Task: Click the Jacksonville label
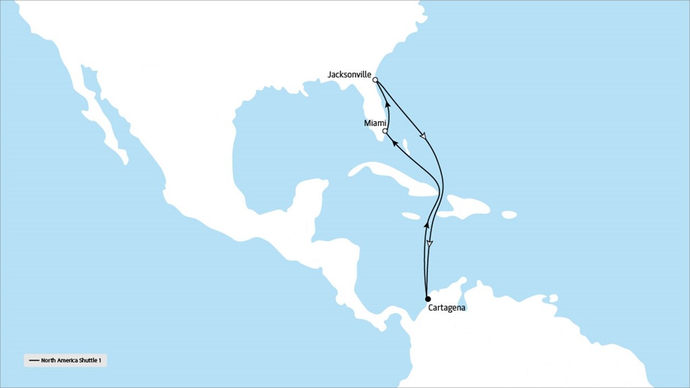pyautogui.click(x=349, y=75)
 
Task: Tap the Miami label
pyautogui.click(x=375, y=123)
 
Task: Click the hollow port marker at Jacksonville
pyautogui.click(x=375, y=80)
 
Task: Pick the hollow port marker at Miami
pyautogui.click(x=385, y=131)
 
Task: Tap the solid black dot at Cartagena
pyautogui.click(x=427, y=299)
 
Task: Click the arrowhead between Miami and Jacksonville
pyautogui.click(x=388, y=103)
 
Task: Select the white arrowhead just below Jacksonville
pyautogui.click(x=423, y=136)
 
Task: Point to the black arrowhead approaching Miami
pyautogui.click(x=394, y=142)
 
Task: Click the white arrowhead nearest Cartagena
pyautogui.click(x=430, y=244)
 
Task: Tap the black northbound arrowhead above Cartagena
pyautogui.click(x=426, y=225)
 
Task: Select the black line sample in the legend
pyautogui.click(x=34, y=361)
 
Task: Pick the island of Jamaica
pyautogui.click(x=411, y=216)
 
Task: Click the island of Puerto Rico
pyautogui.click(x=509, y=215)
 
